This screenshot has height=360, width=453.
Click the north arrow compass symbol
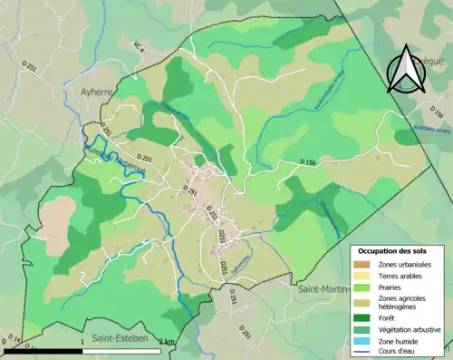[x=406, y=71]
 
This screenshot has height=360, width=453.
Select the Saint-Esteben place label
[x=120, y=338]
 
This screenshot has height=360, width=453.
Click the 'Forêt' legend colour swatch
[x=364, y=317]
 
